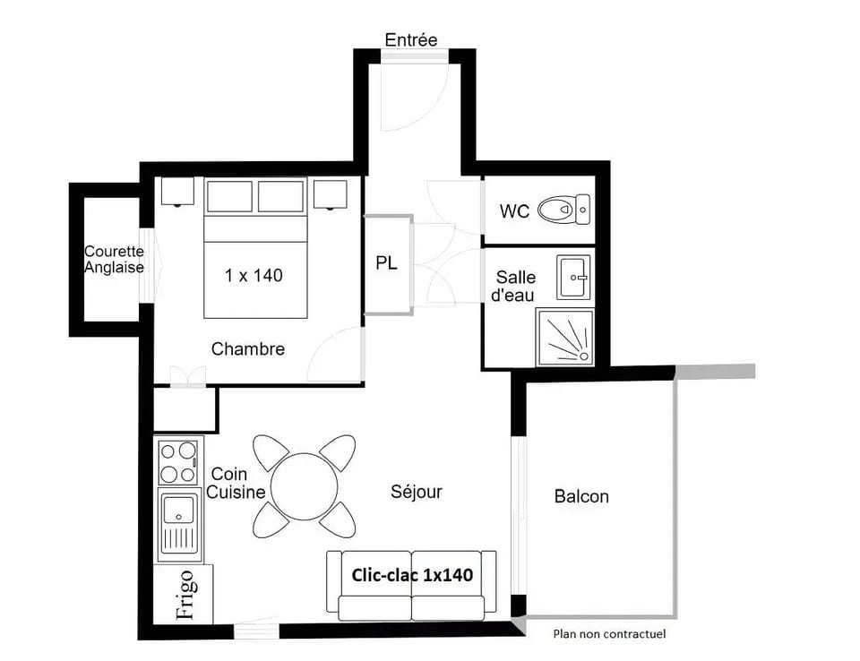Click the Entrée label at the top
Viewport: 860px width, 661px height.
[x=411, y=40]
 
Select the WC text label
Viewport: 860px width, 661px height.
[x=515, y=212]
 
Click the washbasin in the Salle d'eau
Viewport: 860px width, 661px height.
[x=573, y=277]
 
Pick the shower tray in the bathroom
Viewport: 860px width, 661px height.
[x=564, y=338]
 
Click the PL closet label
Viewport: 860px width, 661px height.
[x=386, y=264]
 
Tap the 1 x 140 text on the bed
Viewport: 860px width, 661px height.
[x=254, y=275]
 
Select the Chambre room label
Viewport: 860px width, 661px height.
[x=248, y=349]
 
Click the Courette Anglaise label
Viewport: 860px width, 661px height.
[x=114, y=260]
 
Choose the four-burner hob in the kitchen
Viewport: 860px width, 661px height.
[x=177, y=462]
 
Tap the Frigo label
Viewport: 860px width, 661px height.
[x=185, y=595]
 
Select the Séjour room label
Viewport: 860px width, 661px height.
[x=417, y=492]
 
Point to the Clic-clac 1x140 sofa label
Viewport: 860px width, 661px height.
[x=412, y=575]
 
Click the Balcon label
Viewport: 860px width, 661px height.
[x=581, y=496]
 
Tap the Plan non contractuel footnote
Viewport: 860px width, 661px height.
[x=609, y=634]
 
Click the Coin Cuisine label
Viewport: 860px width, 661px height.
[x=236, y=483]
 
